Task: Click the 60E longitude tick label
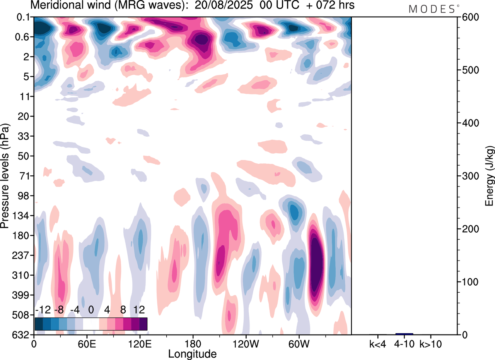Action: pos(87,344)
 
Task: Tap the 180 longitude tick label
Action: pos(192,344)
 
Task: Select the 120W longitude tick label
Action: pos(245,344)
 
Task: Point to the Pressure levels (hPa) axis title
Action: pos(5,176)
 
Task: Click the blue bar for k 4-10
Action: pos(404,334)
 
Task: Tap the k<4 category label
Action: pos(377,344)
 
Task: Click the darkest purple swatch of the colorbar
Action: pos(143,324)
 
